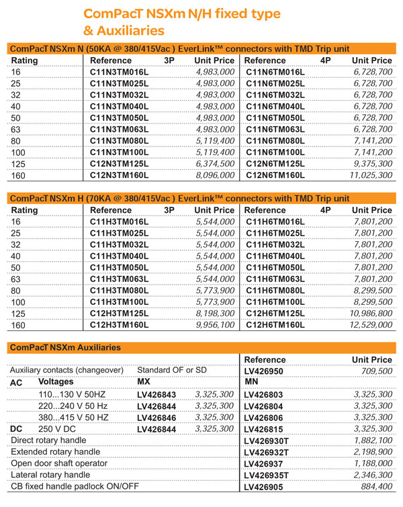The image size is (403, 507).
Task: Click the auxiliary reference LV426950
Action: pos(265,371)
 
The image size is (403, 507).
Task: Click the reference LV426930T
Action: pos(269,440)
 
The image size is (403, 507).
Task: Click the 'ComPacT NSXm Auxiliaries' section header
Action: pos(66,347)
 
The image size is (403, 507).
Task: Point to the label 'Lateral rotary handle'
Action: pos(50,476)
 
